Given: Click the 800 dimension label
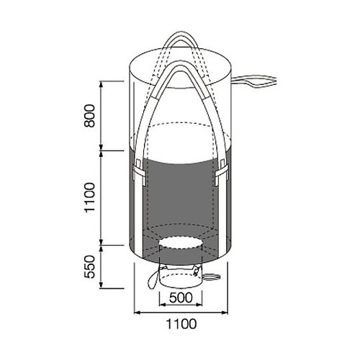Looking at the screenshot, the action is (89, 115).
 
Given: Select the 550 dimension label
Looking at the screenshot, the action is (89, 266).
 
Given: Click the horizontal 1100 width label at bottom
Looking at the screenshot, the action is (181, 324).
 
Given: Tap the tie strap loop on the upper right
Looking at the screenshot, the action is (254, 81).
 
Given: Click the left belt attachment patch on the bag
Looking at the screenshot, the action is (139, 172).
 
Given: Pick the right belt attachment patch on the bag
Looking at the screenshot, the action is (222, 172).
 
